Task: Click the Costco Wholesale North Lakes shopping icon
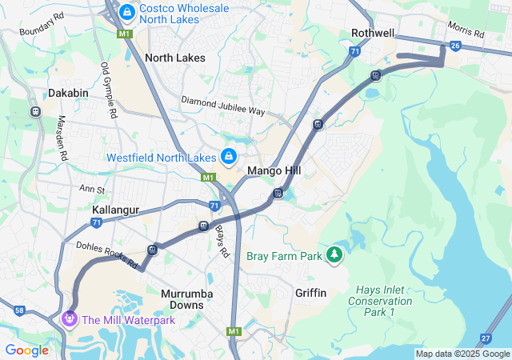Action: [127, 12]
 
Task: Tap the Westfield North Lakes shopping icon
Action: [229, 156]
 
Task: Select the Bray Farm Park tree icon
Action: [334, 256]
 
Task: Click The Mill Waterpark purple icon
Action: [70, 319]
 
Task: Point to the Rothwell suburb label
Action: [373, 33]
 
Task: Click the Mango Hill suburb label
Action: [274, 171]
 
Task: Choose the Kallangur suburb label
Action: [116, 210]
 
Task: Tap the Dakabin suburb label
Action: [68, 93]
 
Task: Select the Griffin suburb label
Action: [310, 293]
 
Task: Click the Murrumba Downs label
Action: [187, 299]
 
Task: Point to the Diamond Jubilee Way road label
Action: [222, 106]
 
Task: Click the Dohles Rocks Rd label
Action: [107, 254]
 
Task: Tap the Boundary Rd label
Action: [42, 26]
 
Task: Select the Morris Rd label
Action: [466, 30]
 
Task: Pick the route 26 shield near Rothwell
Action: [455, 46]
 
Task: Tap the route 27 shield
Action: [486, 338]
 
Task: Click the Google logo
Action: [27, 350]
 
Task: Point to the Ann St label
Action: [92, 190]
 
